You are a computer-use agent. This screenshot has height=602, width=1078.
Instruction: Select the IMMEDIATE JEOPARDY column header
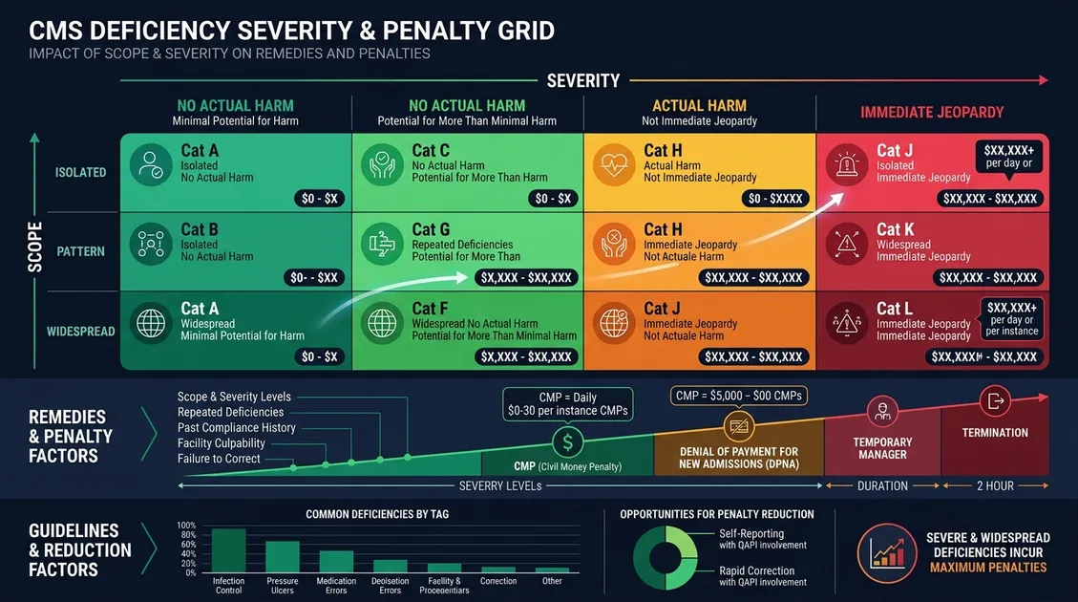click(932, 113)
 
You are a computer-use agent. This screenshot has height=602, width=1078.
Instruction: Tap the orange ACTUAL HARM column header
click(699, 106)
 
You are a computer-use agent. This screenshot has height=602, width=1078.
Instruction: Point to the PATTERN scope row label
click(80, 252)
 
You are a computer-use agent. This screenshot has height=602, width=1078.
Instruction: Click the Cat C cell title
click(431, 150)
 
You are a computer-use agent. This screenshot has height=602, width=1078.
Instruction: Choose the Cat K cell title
click(895, 229)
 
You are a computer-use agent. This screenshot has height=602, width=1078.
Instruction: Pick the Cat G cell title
click(431, 229)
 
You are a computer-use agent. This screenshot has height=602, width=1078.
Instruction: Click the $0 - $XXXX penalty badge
click(774, 199)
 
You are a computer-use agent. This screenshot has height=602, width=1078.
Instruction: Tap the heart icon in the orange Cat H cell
click(613, 164)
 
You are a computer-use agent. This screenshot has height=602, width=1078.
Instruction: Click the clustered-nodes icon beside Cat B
click(151, 244)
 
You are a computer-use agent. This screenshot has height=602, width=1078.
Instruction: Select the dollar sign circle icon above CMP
click(567, 442)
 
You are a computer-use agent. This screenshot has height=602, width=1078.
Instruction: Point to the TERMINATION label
click(995, 433)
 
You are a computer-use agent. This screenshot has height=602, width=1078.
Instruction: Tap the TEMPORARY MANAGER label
click(882, 448)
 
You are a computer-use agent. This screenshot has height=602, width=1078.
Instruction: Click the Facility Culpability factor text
click(222, 443)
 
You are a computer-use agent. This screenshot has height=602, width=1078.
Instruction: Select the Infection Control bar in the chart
click(228, 549)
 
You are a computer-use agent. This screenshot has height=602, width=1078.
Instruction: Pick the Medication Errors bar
click(336, 561)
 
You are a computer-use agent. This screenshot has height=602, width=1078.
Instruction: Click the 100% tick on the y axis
click(186, 526)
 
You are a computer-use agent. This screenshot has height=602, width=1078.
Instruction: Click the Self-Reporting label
click(751, 534)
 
